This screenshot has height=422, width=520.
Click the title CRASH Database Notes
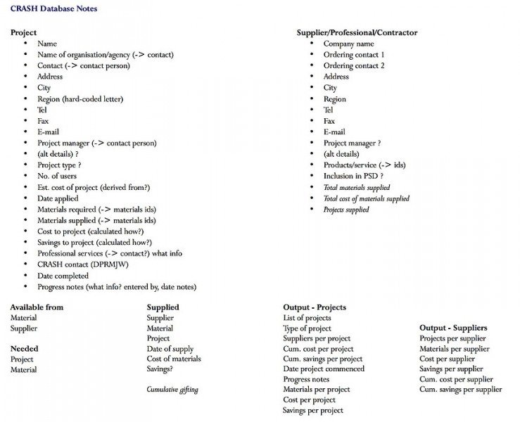click(x=54, y=8)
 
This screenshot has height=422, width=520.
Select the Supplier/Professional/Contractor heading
click(x=357, y=32)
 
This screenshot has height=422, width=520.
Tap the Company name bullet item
click(x=348, y=44)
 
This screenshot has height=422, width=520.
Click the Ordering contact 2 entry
click(x=354, y=65)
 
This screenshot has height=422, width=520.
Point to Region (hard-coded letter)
click(x=80, y=99)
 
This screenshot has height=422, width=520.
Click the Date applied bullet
click(x=58, y=198)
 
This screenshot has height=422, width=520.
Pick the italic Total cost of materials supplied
click(x=366, y=198)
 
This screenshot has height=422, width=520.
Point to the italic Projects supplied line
click(x=345, y=210)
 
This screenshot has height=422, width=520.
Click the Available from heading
click(x=37, y=307)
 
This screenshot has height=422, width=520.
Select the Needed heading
click(x=24, y=348)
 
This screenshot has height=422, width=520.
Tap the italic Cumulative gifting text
click(x=172, y=389)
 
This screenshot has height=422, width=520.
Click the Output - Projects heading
click(x=314, y=307)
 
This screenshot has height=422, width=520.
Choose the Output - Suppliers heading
click(x=453, y=328)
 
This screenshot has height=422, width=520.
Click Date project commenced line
click(x=324, y=369)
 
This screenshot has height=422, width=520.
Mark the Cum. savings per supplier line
click(x=460, y=389)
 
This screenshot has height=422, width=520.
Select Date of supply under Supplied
click(x=170, y=349)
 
